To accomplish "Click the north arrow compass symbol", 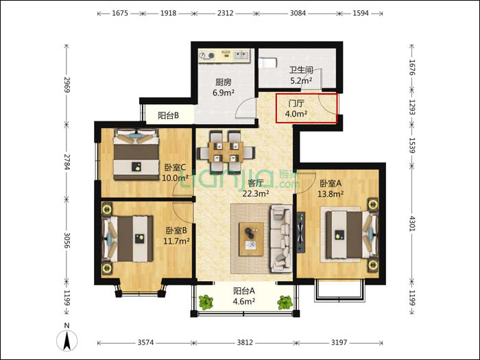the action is [67, 340].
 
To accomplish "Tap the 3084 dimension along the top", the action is [298, 13].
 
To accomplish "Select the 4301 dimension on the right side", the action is [411, 224].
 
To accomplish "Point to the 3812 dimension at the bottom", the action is [245, 342].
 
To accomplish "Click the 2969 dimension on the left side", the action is [67, 85].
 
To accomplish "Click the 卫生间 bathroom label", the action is [301, 70].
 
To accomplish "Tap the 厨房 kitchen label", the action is [223, 82].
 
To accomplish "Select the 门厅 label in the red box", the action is [296, 104].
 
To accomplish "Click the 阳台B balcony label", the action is [169, 115].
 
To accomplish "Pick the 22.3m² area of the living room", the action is [256, 193].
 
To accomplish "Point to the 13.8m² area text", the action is [331, 193].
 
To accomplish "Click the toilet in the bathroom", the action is [268, 63].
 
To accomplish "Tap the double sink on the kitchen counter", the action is [242, 56].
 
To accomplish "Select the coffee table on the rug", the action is [251, 239].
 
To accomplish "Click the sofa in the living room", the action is [280, 239].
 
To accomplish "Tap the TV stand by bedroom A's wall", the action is [300, 232].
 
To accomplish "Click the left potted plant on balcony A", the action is [206, 302].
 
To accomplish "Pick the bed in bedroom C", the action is [136, 154].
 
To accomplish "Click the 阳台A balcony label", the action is [244, 291].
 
